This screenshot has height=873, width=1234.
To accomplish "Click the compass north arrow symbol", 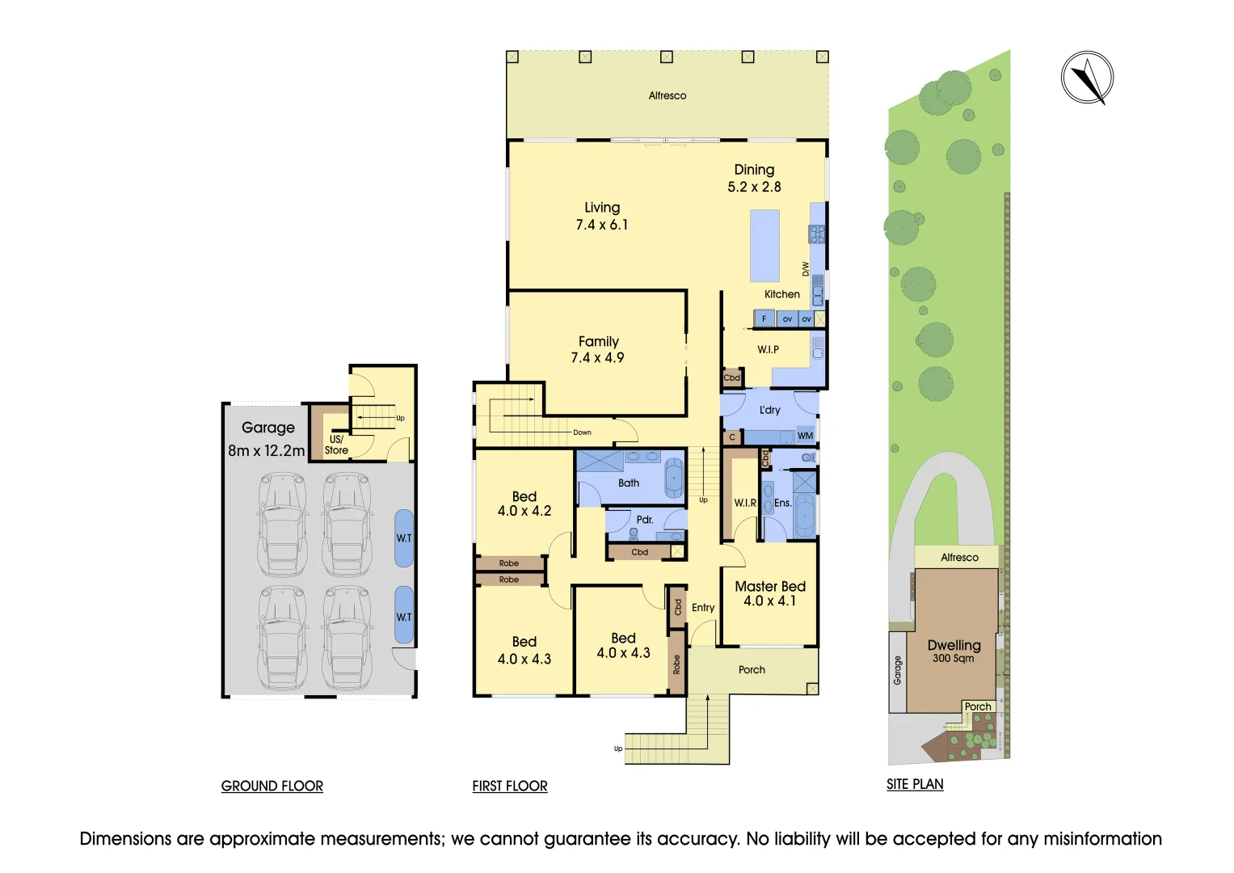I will [1087, 78].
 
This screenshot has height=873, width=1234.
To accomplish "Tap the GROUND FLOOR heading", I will [272, 786].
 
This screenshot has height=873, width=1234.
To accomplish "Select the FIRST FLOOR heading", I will [509, 786].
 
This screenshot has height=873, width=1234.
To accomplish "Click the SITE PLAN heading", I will [914, 784].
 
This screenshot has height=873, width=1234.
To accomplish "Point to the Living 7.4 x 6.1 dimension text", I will [601, 225].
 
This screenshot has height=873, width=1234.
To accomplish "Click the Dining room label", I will [754, 170].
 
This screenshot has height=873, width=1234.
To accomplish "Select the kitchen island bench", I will [764, 245].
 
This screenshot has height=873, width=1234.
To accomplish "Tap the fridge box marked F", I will [764, 318].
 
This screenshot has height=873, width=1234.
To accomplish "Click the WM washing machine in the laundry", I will [805, 436].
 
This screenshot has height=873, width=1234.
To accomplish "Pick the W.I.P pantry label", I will [768, 349].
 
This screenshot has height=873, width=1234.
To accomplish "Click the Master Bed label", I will [769, 586].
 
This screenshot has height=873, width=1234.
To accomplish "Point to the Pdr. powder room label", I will [644, 520].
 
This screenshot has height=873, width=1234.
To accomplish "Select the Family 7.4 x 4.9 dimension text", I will [597, 357].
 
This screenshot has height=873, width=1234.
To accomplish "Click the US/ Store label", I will [336, 445].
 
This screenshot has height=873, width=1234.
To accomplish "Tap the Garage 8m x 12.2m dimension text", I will [267, 450].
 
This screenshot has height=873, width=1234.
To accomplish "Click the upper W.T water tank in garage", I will [403, 538].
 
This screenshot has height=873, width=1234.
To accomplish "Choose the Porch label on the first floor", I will [751, 669].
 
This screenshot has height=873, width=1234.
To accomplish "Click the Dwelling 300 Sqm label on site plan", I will [954, 650].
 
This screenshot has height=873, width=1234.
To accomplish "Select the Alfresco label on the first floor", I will [667, 95].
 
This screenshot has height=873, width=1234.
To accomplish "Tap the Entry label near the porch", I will [702, 607].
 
